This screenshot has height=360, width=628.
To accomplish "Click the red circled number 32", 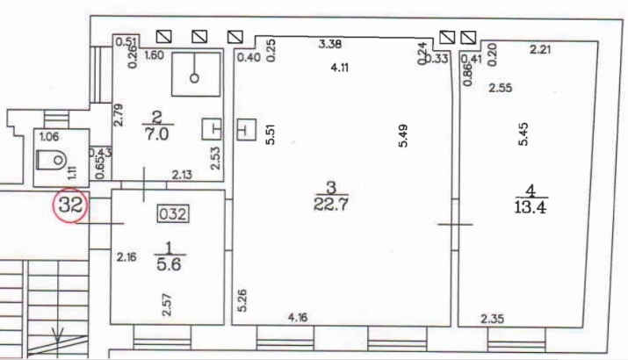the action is click(x=70, y=205).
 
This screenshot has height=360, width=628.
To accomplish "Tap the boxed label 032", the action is click(x=173, y=214).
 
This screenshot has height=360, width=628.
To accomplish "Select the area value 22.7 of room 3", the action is click(x=331, y=205).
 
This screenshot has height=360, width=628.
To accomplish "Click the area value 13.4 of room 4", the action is click(x=531, y=207).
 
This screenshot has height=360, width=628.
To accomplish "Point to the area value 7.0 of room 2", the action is click(x=157, y=133).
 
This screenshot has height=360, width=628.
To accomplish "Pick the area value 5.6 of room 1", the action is click(x=170, y=264).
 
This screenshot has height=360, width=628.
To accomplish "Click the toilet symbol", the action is click(x=51, y=160).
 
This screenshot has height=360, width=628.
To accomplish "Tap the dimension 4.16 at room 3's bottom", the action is click(x=298, y=318).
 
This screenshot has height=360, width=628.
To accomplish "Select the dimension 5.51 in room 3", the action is click(x=271, y=134).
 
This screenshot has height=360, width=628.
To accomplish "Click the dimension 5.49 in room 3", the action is click(x=403, y=136).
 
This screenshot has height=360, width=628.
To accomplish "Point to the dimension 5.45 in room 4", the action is click(x=523, y=134).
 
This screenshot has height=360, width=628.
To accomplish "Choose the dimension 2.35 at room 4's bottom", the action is click(x=493, y=319).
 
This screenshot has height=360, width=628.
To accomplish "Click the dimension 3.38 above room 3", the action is click(x=330, y=44).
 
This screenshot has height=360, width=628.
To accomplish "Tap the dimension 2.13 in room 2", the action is click(x=182, y=175).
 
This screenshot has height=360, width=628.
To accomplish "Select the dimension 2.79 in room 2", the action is click(x=119, y=115).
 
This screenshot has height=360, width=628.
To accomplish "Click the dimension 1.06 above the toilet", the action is click(x=50, y=137).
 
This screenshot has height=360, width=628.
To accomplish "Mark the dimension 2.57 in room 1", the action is click(x=168, y=305).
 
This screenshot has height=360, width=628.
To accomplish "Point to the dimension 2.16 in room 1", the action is click(x=126, y=256).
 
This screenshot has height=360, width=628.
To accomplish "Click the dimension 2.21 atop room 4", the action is click(x=541, y=50).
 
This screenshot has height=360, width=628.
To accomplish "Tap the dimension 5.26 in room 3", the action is click(x=242, y=300).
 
